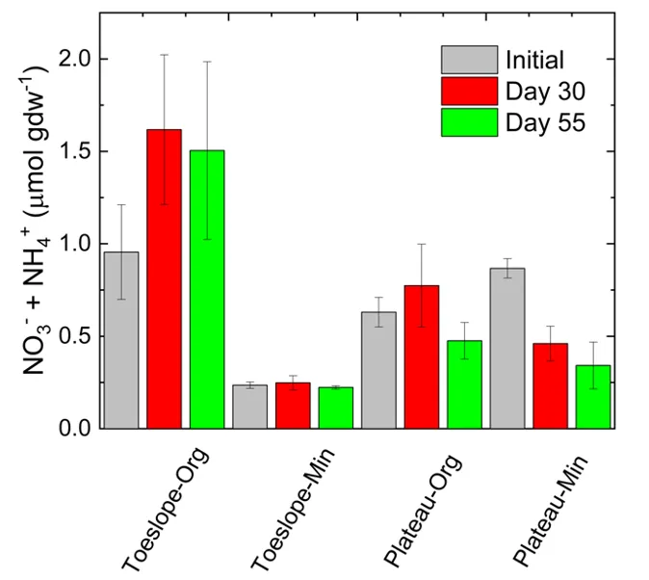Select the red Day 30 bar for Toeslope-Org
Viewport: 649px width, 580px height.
(164, 278)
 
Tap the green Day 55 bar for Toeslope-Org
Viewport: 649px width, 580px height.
(207, 289)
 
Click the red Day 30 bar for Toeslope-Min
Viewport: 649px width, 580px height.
(293, 406)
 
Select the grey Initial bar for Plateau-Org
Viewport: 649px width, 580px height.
(378, 370)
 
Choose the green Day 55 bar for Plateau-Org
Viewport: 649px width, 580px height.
(464, 384)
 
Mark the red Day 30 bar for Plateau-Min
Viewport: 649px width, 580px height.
(550, 385)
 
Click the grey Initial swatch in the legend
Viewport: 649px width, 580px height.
(469, 61)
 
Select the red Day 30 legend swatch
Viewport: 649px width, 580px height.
(469, 92)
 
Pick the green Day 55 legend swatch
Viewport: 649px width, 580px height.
(469, 122)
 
